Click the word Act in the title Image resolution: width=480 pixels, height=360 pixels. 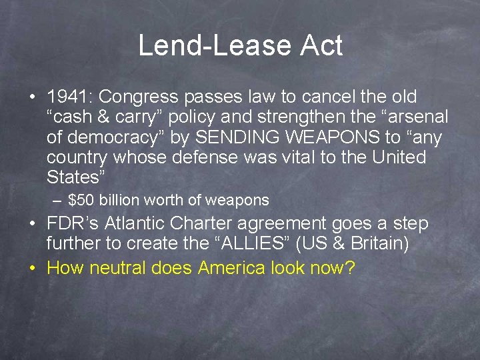[x=321, y=46]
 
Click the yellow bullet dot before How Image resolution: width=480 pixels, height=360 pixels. [x=32, y=269]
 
